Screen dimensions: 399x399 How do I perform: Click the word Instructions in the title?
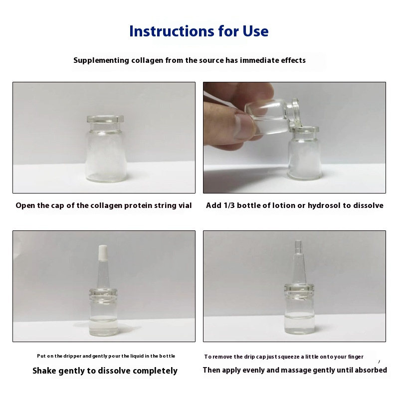click(x=172, y=31)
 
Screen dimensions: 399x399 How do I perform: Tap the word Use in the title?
click(x=255, y=31)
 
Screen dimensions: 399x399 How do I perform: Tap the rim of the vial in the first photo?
click(x=105, y=119)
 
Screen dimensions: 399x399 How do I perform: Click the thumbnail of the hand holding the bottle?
click(x=294, y=138)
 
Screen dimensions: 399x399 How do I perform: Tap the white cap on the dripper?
click(x=103, y=252)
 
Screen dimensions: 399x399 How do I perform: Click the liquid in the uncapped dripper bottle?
click(x=299, y=323)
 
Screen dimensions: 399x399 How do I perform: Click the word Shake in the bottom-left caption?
click(x=44, y=371)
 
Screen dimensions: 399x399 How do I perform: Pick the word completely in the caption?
click(x=155, y=371)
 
